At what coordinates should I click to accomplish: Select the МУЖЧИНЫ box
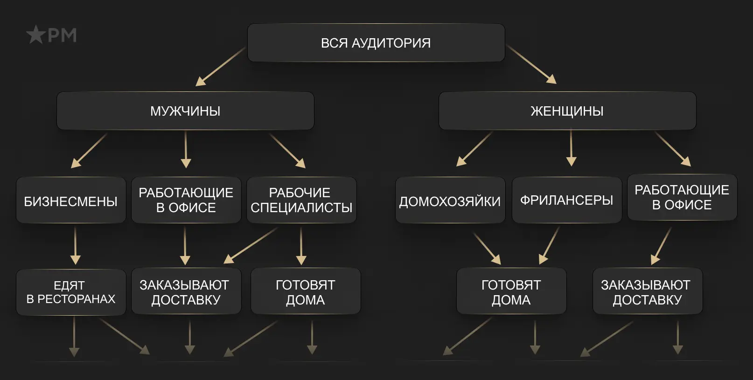pyautogui.click(x=185, y=111)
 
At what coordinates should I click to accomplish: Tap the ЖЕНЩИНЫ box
pyautogui.click(x=567, y=111)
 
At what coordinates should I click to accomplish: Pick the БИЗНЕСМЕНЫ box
pyautogui.click(x=71, y=201)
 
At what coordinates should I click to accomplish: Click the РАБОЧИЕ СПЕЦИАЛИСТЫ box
pyautogui.click(x=301, y=200)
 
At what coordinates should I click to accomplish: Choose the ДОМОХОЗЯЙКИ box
pyautogui.click(x=450, y=201)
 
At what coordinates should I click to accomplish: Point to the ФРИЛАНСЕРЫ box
pyautogui.click(x=566, y=200)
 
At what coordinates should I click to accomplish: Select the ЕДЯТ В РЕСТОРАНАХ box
pyautogui.click(x=71, y=292)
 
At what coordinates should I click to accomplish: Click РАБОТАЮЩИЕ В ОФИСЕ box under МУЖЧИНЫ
pyautogui.click(x=186, y=200)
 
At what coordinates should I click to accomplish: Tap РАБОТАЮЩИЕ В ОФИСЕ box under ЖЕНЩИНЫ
pyautogui.click(x=682, y=197)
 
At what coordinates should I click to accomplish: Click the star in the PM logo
pyautogui.click(x=36, y=35)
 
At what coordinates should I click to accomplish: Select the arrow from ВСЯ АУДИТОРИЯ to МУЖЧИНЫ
pyautogui.click(x=220, y=67)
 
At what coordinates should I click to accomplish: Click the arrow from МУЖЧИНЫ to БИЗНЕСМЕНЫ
pyautogui.click(x=89, y=150)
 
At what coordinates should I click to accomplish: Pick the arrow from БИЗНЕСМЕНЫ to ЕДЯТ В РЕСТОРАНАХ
pyautogui.click(x=75, y=246)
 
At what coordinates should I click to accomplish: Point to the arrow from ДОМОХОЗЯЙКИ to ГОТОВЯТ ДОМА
pyautogui.click(x=487, y=248)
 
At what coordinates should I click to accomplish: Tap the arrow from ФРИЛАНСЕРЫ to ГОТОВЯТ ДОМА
pyautogui.click(x=549, y=246)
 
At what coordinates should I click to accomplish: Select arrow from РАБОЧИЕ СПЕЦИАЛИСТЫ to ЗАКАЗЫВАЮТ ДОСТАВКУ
pyautogui.click(x=251, y=245)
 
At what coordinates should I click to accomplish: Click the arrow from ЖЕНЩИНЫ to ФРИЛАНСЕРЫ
pyautogui.click(x=571, y=148)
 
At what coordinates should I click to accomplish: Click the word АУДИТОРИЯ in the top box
pyautogui.click(x=391, y=43)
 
